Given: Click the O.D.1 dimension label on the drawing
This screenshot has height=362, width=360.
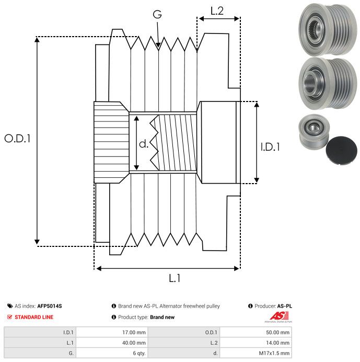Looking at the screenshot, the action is click(x=17, y=139).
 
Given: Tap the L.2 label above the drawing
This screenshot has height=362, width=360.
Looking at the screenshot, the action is click(x=217, y=11).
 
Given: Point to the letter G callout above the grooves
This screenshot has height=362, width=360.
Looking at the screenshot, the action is click(x=157, y=15).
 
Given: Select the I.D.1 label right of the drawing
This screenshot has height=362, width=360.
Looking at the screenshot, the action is click(x=270, y=147).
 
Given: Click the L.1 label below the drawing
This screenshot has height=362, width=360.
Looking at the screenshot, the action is click(x=175, y=278).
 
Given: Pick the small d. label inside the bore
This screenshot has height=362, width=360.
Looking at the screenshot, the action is click(x=144, y=144).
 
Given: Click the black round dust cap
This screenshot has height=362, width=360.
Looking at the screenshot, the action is click(x=341, y=151).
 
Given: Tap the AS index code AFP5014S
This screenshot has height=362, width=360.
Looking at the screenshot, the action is click(x=50, y=306).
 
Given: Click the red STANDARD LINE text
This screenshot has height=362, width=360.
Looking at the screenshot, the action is click(x=34, y=317).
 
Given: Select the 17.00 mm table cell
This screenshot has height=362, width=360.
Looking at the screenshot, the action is click(x=134, y=333).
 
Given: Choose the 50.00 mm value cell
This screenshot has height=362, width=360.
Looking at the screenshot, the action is click(x=277, y=333).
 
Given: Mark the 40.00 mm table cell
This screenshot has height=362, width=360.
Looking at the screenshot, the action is click(x=134, y=343).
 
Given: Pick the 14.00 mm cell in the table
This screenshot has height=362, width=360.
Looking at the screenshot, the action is click(x=277, y=343).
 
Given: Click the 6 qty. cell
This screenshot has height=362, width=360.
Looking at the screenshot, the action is click(x=139, y=353).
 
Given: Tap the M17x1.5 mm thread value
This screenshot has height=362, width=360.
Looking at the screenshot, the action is click(x=274, y=353).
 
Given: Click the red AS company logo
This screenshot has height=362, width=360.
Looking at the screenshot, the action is click(x=279, y=316).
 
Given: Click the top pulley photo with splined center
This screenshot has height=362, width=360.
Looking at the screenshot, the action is click(x=328, y=29).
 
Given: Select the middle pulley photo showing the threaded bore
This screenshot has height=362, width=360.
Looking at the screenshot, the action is click(x=328, y=83).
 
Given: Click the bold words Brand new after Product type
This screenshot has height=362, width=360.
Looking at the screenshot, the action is click(x=162, y=317).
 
